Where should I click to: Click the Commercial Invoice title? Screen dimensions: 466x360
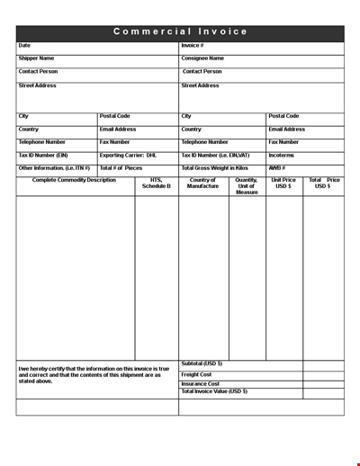click(180, 31)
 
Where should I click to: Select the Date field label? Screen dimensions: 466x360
click(24, 45)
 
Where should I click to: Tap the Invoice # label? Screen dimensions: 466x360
click(192, 45)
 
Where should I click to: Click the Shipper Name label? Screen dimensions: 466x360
click(36, 58)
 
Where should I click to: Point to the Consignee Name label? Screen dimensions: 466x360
click(202, 58)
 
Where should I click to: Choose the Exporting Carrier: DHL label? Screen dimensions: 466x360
click(128, 155)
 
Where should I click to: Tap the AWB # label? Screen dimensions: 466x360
click(276, 167)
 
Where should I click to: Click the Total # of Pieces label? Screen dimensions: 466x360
click(121, 167)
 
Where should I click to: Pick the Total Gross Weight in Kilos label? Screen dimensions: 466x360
click(215, 167)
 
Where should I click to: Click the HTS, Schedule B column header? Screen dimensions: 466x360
click(156, 183)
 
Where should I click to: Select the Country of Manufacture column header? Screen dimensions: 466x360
click(203, 183)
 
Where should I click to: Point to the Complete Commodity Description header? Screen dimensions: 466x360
click(74, 180)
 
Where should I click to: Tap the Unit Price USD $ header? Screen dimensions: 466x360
click(283, 183)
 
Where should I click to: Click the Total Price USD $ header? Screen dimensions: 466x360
click(324, 183)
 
